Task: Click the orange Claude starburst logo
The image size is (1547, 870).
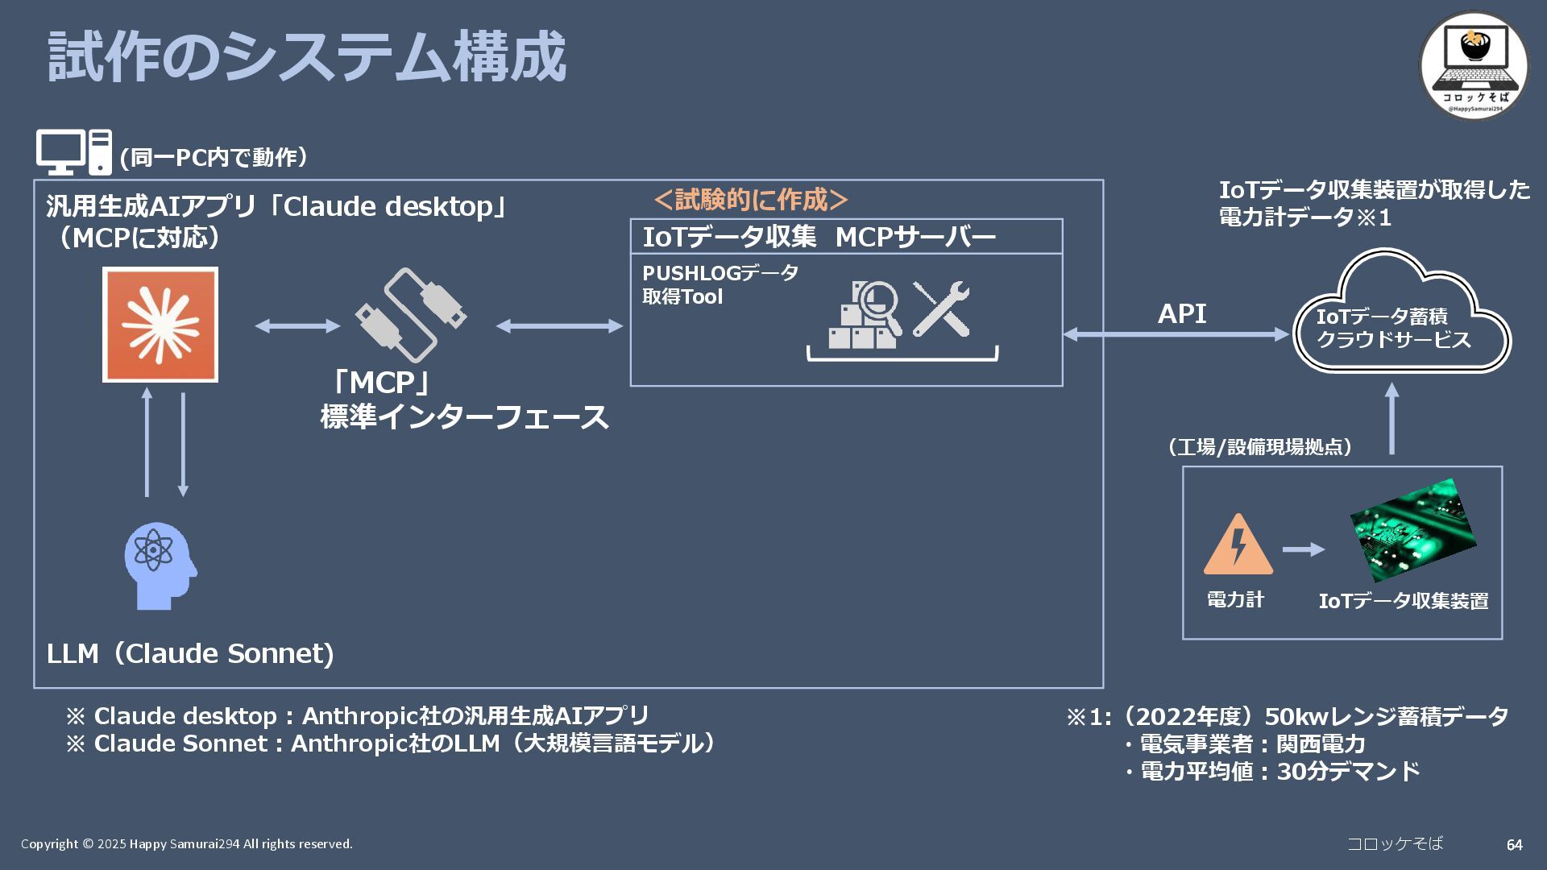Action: (x=160, y=325)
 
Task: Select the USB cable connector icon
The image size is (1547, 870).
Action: (x=411, y=315)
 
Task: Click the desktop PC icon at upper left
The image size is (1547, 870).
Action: (x=73, y=152)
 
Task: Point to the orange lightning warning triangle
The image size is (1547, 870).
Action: (x=1238, y=545)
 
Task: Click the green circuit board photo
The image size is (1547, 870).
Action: (x=1413, y=530)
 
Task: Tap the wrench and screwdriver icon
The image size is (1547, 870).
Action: (x=941, y=309)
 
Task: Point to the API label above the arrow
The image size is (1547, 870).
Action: (x=1181, y=314)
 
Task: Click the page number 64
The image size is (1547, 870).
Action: (x=1514, y=845)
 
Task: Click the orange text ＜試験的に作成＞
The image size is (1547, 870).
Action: (x=750, y=199)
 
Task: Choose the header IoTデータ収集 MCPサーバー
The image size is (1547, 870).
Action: (x=819, y=237)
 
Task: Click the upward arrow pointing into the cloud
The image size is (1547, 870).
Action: (x=1391, y=419)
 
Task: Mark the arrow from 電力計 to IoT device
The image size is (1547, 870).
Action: (x=1303, y=549)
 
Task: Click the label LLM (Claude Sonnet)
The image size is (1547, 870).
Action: (x=190, y=653)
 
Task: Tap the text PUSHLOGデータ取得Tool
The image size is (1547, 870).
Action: (x=720, y=284)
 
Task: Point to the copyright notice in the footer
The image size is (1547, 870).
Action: (x=187, y=844)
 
